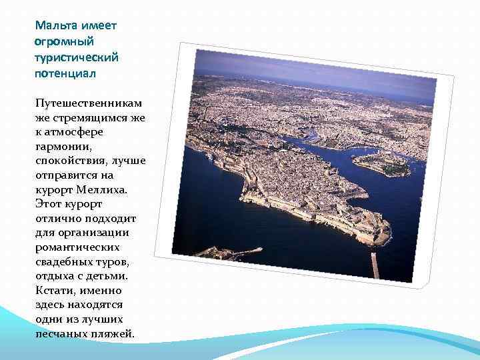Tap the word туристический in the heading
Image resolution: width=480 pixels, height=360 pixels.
pos(76,57)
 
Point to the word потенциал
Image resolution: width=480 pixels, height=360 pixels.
pos(65,73)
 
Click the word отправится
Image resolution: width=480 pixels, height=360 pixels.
pos(65,175)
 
